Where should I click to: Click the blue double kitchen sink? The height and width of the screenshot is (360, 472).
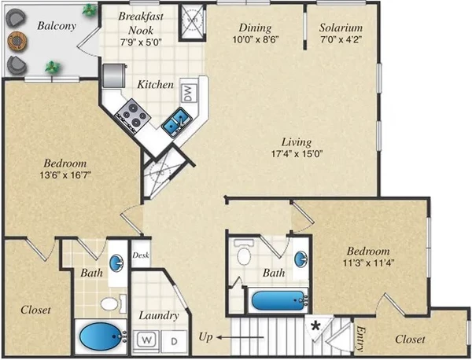175,120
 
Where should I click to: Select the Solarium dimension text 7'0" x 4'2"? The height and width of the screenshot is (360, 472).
341,42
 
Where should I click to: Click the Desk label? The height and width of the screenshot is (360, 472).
142,255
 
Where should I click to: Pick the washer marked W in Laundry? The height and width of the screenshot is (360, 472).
146,340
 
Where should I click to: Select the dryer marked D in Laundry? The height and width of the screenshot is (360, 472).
174,340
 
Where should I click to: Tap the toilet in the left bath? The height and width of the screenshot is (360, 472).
109,303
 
